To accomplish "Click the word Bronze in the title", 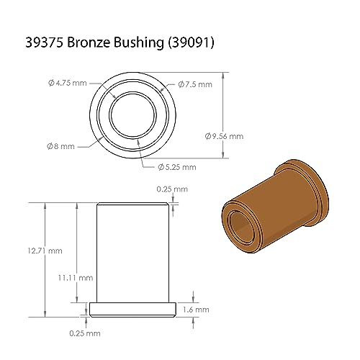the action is click(x=89, y=42).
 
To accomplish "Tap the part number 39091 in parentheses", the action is click(x=190, y=42).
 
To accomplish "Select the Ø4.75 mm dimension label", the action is click(x=68, y=83).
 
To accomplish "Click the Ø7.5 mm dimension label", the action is click(x=195, y=84).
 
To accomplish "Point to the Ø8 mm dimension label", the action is click(x=60, y=146).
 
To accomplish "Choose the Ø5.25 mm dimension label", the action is click(x=177, y=167).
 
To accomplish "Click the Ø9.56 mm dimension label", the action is click(x=224, y=136).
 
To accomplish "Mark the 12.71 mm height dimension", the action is click(x=45, y=251).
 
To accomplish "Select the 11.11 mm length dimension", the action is click(x=76, y=278).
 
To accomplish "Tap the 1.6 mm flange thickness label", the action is click(x=196, y=310).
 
